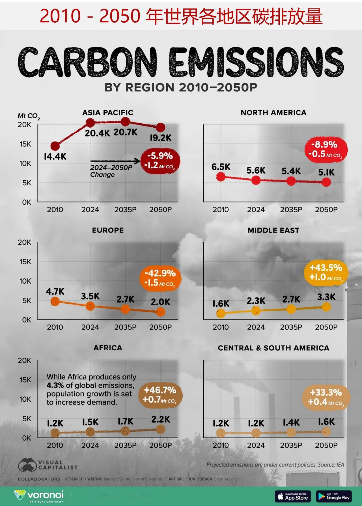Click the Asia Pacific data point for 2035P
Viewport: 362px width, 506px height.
point(125,122)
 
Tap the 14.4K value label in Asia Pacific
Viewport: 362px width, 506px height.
point(55,156)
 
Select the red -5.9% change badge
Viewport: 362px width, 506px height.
point(160,160)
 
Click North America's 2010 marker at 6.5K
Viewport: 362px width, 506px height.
point(221,177)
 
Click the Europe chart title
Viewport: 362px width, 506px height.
point(108,230)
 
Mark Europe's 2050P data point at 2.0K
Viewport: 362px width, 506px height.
point(160,312)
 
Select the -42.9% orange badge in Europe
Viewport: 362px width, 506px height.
point(160,278)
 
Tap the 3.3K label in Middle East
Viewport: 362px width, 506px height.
point(326,297)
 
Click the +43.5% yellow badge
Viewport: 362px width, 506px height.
point(326,272)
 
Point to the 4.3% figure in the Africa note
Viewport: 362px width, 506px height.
point(53,385)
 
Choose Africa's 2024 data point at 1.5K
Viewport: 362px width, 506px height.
point(90,432)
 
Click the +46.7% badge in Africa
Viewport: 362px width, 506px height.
point(160,395)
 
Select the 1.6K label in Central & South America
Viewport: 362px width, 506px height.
point(326,422)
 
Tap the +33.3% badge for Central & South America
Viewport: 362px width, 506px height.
point(326,397)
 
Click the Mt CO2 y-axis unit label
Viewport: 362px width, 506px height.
point(29,116)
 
